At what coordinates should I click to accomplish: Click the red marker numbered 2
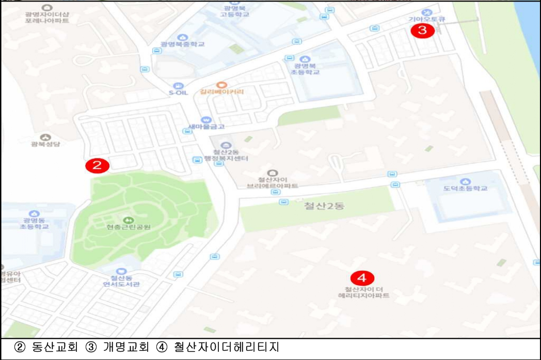tap(97, 165)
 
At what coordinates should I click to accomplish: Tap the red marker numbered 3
tap(422, 30)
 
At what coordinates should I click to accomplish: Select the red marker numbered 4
tap(362, 278)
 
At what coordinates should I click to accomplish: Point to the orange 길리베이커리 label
tap(221, 92)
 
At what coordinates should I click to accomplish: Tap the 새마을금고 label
tap(206, 127)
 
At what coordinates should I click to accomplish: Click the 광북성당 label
tap(45, 144)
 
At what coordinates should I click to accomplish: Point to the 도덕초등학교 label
tap(466, 189)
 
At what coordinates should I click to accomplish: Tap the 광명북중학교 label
tap(182, 44)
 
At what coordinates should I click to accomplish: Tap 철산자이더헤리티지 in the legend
tap(226, 347)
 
